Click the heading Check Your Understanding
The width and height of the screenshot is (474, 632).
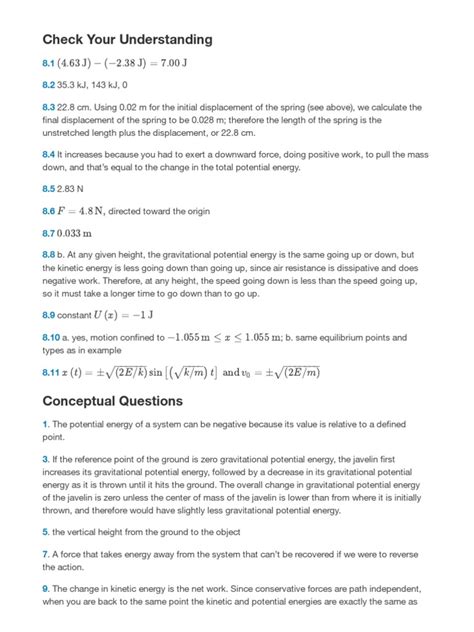click(x=127, y=40)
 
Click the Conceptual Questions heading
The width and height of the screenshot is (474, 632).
click(x=113, y=401)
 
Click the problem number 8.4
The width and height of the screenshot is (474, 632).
click(x=49, y=156)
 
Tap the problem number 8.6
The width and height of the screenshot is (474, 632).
click(x=49, y=213)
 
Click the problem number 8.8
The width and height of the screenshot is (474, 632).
click(x=49, y=256)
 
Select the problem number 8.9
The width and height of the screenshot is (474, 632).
click(x=49, y=315)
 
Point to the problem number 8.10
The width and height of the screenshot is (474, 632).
click(x=51, y=339)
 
